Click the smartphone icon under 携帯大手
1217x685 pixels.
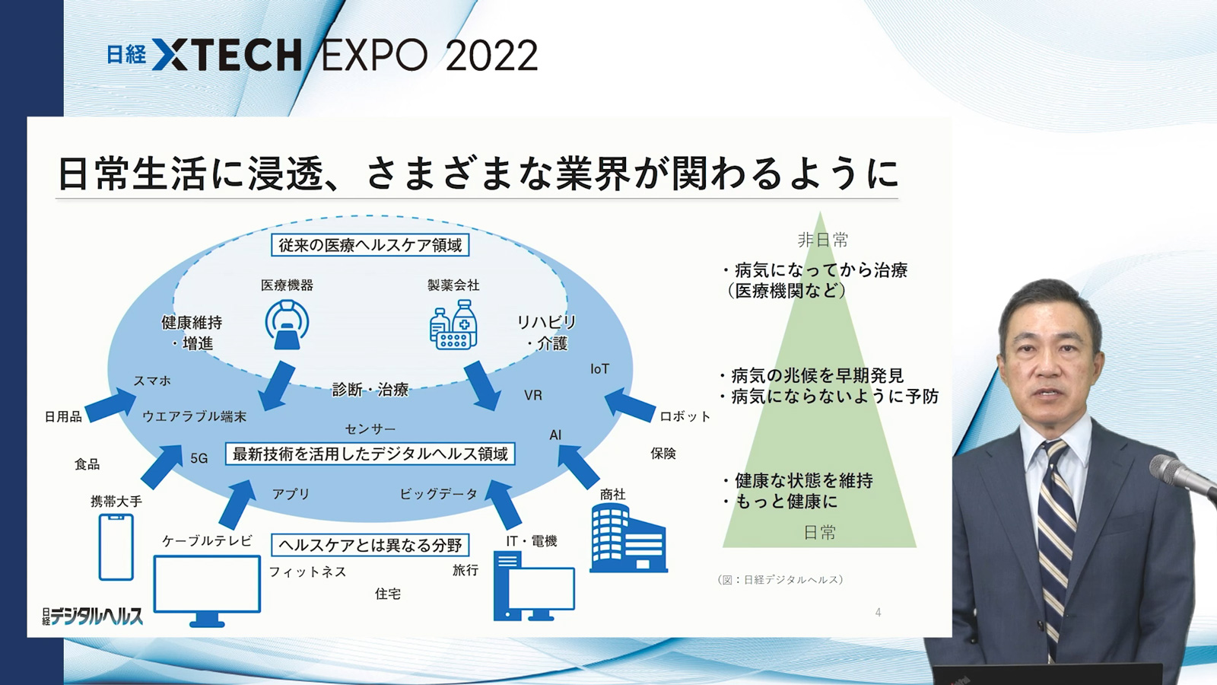coord(116,547)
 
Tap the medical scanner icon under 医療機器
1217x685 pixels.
coord(287,324)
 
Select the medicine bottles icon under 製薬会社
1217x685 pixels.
coord(453,324)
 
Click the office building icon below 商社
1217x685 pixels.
coord(628,537)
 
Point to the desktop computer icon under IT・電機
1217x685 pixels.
coord(533,586)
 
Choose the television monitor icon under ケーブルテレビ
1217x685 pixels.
coord(207,591)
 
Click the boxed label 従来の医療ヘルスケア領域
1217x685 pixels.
coord(370,245)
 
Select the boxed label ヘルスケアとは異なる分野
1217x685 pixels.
coord(370,545)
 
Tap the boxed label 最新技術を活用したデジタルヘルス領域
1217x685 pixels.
coord(370,454)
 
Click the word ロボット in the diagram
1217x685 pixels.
coord(685,417)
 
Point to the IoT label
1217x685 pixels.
coord(600,369)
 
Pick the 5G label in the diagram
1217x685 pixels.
coord(199,458)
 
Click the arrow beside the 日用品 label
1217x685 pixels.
coord(110,405)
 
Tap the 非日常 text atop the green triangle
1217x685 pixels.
coord(822,240)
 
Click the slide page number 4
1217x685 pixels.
coord(878,613)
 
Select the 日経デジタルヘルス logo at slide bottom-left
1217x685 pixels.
coord(92,616)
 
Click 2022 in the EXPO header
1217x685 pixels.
coord(491,56)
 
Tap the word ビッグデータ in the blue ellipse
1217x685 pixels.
coord(438,494)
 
